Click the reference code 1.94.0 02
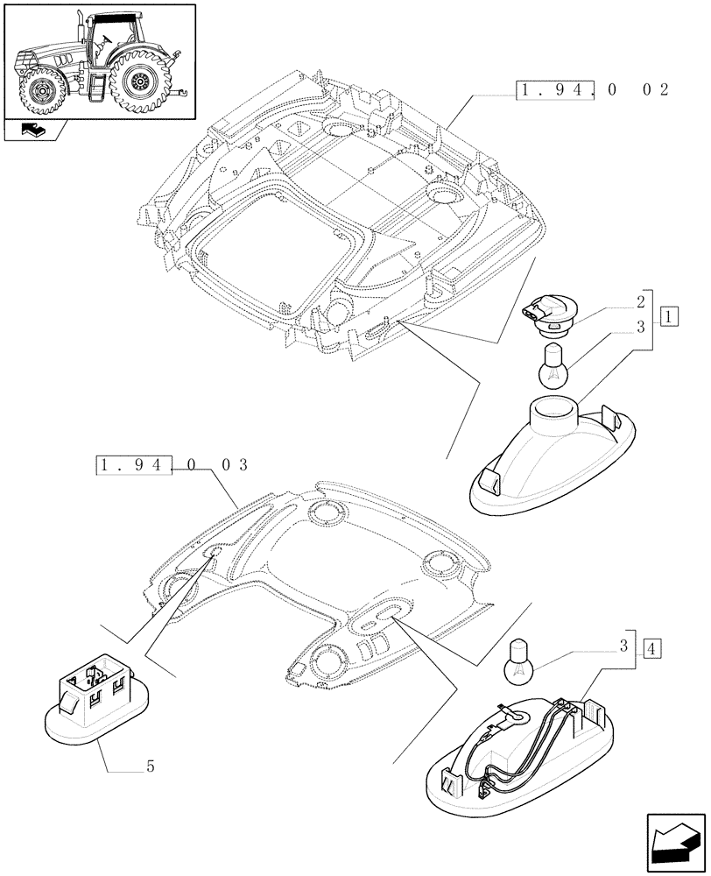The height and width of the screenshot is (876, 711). [593, 90]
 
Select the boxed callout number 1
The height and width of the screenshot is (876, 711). [668, 314]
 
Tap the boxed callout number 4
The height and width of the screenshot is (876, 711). [651, 649]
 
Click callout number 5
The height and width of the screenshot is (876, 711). [151, 767]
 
